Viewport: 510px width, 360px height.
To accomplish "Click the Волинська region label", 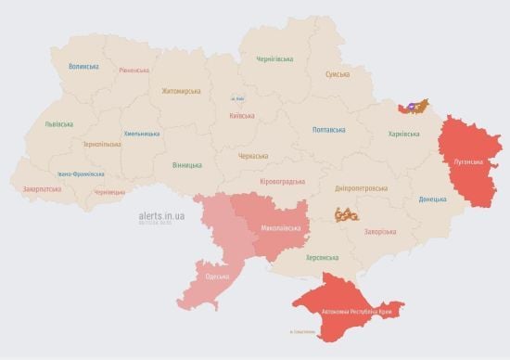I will [83, 67].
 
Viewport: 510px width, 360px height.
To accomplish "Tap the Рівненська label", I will [135, 71].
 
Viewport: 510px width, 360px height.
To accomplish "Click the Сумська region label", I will [338, 74].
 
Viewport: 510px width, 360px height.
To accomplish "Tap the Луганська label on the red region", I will [468, 161].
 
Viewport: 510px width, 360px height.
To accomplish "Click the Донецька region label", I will [432, 199].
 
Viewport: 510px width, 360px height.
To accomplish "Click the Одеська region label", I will [218, 276].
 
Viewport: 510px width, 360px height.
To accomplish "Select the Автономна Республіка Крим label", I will [356, 312].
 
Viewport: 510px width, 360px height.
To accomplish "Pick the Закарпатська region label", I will [42, 189].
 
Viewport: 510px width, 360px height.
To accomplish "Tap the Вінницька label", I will [186, 165].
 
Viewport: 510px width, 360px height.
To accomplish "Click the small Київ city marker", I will [238, 98].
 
